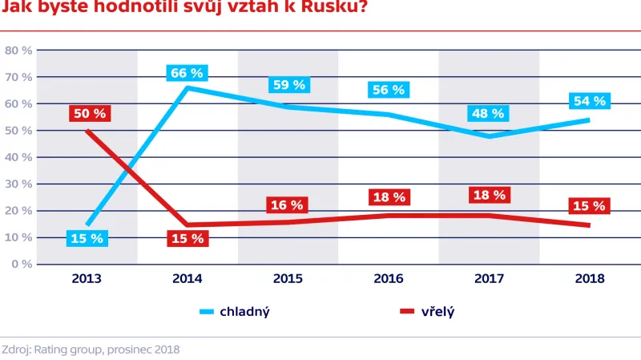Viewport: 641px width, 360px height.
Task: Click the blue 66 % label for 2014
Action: (187, 73)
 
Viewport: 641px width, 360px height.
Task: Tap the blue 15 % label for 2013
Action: (87, 238)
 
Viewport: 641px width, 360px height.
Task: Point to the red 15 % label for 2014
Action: (187, 238)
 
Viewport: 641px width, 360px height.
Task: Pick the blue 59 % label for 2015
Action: (288, 84)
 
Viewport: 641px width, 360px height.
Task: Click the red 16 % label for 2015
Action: (288, 205)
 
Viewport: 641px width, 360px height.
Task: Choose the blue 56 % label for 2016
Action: (388, 90)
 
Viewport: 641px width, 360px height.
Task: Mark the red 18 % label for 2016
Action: (388, 197)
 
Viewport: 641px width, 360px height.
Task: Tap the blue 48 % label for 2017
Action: (488, 114)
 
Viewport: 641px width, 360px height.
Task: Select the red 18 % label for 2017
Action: (488, 195)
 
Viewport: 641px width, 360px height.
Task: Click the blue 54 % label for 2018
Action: (589, 101)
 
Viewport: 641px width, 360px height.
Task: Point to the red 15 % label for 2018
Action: (589, 206)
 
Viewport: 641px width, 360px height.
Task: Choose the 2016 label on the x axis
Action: (388, 279)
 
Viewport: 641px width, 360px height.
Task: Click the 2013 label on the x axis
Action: (87, 279)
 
